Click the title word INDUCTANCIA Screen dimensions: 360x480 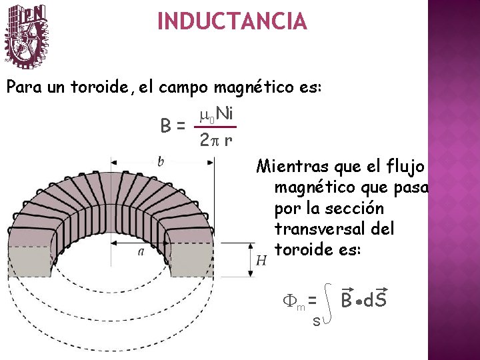click(232, 22)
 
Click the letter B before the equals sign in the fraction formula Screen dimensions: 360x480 click(166, 125)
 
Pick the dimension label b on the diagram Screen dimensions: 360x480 click(160, 161)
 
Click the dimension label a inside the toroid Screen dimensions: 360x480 click(140, 251)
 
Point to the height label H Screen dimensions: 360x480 click(261, 259)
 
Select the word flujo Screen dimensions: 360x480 click(405, 165)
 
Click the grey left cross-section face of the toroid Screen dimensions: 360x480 click(31, 261)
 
